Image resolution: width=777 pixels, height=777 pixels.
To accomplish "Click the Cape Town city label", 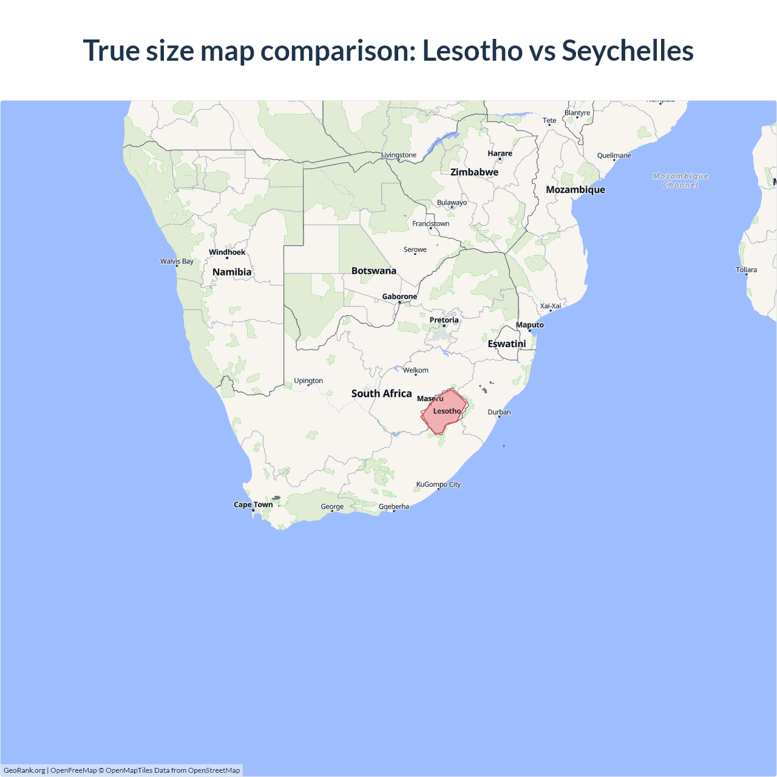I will [x=253, y=504].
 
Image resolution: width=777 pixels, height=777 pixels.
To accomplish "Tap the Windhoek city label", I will [x=227, y=252].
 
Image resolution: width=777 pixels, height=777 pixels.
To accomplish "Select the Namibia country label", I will [x=232, y=272].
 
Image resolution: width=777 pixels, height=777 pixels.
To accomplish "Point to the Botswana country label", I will [x=374, y=271].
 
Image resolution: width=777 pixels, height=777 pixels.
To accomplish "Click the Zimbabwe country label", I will [x=474, y=172].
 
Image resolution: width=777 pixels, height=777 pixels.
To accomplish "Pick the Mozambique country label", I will [x=575, y=189].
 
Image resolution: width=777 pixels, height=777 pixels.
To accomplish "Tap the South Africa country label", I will [x=381, y=393].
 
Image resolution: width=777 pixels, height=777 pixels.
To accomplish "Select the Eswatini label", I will [x=507, y=344].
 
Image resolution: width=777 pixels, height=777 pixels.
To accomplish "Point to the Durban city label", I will [x=499, y=412].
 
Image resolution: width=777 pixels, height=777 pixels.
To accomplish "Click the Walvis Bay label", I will [x=177, y=262].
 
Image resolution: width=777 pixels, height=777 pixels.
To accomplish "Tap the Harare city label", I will [x=500, y=154].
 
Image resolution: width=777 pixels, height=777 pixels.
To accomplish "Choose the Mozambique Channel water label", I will [x=680, y=180].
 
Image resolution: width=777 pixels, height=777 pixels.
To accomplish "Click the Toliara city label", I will [x=746, y=270].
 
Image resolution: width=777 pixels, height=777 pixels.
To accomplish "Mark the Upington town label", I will [x=308, y=381].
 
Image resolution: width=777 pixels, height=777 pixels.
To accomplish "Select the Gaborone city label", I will [x=399, y=296].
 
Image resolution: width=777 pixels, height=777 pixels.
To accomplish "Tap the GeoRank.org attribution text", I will [x=24, y=770].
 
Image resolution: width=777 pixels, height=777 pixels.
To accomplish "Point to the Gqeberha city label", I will [x=394, y=506].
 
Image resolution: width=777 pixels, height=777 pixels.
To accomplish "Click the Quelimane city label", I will [x=614, y=155].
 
